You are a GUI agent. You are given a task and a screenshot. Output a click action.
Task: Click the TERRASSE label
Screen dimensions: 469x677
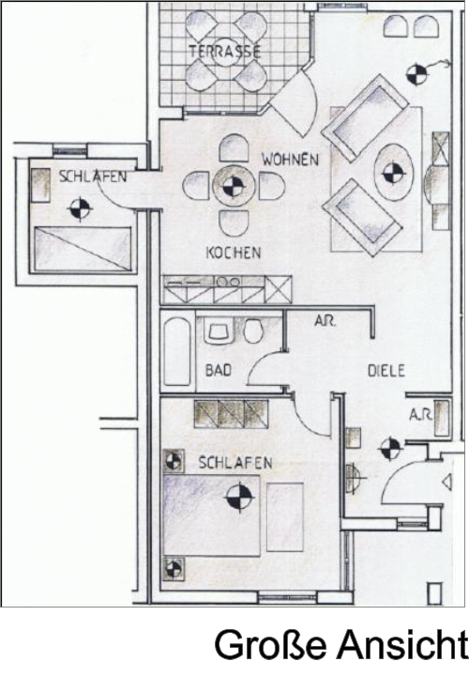[225, 52]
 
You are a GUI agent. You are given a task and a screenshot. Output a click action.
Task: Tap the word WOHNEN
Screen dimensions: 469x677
[290, 160]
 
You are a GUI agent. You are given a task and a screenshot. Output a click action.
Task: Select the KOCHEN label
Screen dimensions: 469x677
[234, 253]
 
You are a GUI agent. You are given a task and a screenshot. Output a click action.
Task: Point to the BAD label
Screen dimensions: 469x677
[219, 370]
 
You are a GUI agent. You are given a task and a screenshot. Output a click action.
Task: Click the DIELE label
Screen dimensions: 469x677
[386, 371]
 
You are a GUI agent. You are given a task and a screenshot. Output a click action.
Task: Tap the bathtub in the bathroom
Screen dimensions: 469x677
[177, 351]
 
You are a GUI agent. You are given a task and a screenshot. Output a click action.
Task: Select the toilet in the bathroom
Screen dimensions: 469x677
[253, 331]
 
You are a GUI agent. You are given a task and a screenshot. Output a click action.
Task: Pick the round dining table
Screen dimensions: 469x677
[234, 187]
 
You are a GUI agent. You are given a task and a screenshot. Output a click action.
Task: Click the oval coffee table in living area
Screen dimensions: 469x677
[393, 172]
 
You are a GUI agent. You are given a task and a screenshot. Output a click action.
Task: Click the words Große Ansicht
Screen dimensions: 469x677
[340, 646]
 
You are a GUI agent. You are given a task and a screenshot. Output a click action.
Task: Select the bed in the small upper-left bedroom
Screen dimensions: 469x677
[83, 249]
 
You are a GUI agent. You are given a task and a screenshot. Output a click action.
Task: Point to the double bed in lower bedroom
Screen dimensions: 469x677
[211, 515]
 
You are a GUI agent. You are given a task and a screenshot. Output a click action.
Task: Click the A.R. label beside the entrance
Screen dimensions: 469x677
[420, 415]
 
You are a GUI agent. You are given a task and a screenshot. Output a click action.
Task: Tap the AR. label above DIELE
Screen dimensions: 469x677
[325, 321]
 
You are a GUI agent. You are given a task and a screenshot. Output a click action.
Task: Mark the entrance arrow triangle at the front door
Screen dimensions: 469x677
[447, 482]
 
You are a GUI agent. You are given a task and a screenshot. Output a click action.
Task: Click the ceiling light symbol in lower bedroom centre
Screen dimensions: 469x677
[239, 497]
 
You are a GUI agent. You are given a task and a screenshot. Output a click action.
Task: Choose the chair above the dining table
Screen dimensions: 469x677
[234, 147]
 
